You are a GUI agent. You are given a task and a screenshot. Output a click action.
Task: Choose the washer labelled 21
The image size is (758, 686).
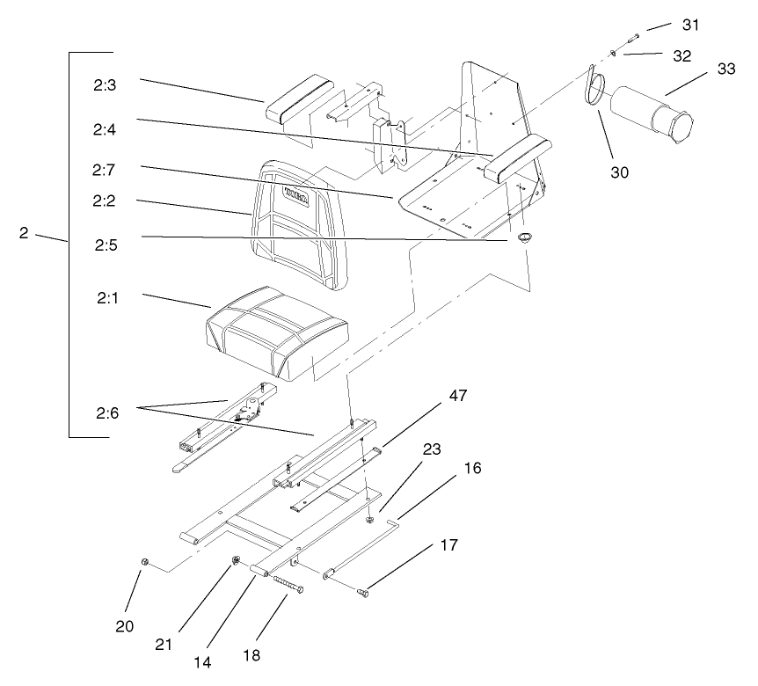point(237,560)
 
